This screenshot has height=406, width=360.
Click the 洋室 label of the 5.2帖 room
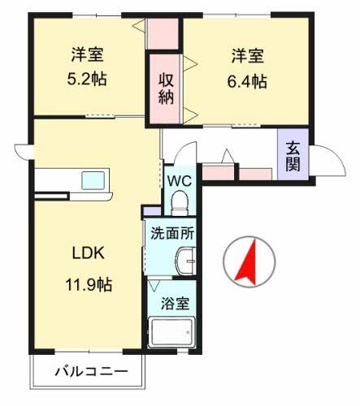pos(87,55)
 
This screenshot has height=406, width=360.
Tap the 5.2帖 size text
pos(87,80)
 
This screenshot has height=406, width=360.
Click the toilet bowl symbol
pos(180,201)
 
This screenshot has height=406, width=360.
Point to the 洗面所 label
pos(171,232)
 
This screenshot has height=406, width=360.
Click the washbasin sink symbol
pos(186,262)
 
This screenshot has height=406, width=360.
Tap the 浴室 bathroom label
pos(176,304)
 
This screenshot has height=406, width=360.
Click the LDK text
pos(86,253)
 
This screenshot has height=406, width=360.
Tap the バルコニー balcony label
pos(91,373)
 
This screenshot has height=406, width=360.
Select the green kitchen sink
pos(92,179)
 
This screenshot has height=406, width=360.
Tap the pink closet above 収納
pos(163,33)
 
